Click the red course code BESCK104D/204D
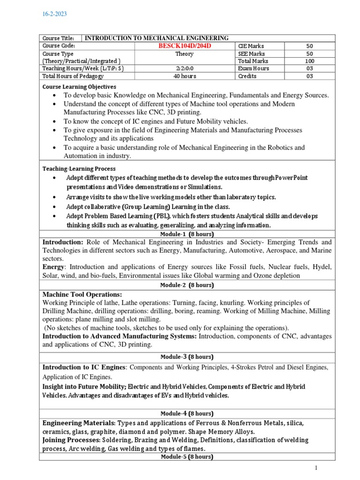click(x=184, y=46)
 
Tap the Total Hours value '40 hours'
click(x=184, y=75)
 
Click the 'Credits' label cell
click(x=247, y=75)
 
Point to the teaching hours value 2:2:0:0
click(x=184, y=68)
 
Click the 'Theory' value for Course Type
click(x=184, y=53)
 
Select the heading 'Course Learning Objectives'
click(x=79, y=87)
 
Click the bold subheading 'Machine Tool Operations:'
click(x=82, y=294)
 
